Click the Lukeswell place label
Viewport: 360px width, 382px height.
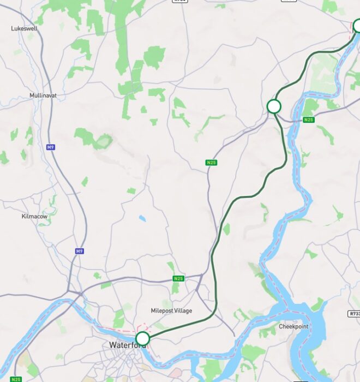(23, 28)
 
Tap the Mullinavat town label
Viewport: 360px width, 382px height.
(43, 95)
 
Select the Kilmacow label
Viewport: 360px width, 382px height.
(34, 217)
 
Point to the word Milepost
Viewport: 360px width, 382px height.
(163, 311)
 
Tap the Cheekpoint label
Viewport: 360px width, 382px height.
(293, 327)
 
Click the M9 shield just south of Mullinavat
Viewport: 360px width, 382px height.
(51, 147)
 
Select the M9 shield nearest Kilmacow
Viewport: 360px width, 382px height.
(80, 251)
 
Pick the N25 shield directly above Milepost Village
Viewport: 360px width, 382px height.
(178, 279)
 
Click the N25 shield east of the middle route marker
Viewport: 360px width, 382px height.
(309, 120)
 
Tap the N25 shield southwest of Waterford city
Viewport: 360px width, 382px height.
(16, 379)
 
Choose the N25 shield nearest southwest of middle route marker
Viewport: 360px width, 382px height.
(212, 163)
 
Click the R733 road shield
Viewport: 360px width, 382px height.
(353, 314)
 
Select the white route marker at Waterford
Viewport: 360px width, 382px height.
(142, 338)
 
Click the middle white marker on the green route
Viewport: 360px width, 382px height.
(274, 106)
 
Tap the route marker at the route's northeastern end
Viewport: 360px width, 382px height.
(357, 26)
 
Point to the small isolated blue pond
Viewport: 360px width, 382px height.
(142, 218)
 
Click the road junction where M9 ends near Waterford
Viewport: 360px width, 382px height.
(81, 294)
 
